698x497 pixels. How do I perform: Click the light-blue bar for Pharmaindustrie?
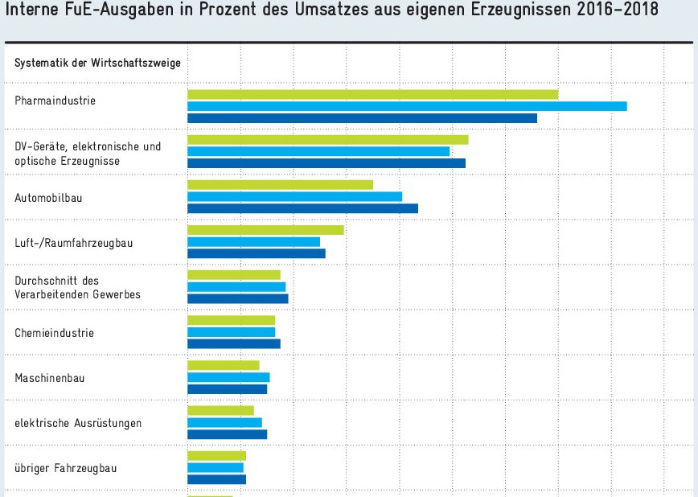coord(407,106)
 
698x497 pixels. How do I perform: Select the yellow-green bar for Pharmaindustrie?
coord(372,95)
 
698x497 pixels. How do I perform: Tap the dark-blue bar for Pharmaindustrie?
coord(362,118)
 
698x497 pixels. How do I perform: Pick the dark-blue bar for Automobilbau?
coord(302,208)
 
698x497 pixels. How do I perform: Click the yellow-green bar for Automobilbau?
coord(280,185)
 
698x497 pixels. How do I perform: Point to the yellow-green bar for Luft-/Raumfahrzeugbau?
coord(265,230)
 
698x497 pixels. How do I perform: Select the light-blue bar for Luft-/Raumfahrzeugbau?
coord(253,241)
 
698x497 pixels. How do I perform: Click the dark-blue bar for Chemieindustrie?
coord(234,343)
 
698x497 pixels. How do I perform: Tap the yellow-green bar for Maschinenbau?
coord(224,365)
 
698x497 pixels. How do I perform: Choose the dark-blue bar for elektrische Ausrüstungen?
coord(227,434)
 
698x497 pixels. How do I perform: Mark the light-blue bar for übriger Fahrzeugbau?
coord(216,467)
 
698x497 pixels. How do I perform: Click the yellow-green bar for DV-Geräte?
coord(327,140)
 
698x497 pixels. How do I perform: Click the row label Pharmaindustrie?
coord(55,101)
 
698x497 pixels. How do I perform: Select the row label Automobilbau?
coord(48,197)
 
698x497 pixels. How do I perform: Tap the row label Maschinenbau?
coord(50,377)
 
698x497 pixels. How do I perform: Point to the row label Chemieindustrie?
coord(55,332)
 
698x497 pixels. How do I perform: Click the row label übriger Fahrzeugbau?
coord(66,467)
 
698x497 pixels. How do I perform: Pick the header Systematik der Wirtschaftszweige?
coord(97,62)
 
